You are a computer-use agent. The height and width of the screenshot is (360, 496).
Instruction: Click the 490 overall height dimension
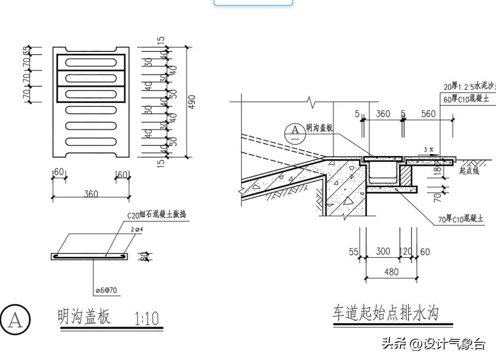[x=192, y=102]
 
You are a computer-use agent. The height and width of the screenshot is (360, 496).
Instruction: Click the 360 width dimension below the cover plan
[x=90, y=194]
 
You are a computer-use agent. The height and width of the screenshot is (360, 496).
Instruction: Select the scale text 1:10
[x=147, y=319]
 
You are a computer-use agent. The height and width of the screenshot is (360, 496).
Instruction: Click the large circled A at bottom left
[x=15, y=320]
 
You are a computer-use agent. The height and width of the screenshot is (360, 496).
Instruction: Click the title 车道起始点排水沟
[x=385, y=313]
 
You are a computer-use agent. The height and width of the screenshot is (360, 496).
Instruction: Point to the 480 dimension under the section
[x=391, y=272]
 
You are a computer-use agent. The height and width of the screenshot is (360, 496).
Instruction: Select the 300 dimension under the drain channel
[x=383, y=251]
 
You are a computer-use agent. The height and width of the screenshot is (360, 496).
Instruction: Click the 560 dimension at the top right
[x=428, y=114]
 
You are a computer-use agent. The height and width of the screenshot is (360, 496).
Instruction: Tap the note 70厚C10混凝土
[x=460, y=219]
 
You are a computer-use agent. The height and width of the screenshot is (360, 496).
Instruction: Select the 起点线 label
[x=469, y=171]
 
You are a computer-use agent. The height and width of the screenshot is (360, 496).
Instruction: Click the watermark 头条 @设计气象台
[x=433, y=344]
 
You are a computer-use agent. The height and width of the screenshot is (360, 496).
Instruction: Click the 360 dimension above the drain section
[x=383, y=114]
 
